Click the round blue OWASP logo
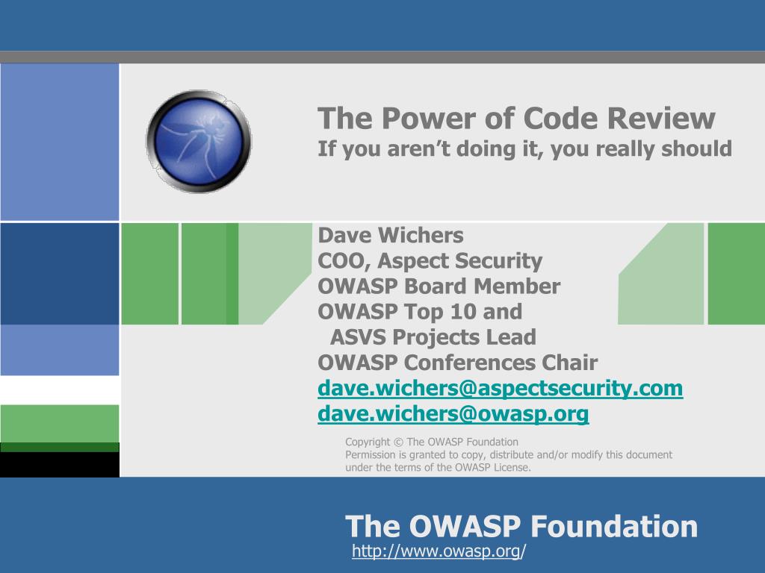tap(199, 141)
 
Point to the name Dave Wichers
tap(390, 235)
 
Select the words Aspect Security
tap(459, 261)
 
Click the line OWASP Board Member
tap(439, 286)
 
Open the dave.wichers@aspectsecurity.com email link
tap(500, 388)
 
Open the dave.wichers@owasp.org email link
tap(453, 413)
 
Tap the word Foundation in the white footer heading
tap(614, 526)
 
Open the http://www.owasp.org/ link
tap(439, 551)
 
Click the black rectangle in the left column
tap(60, 464)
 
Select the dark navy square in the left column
tap(60, 274)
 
